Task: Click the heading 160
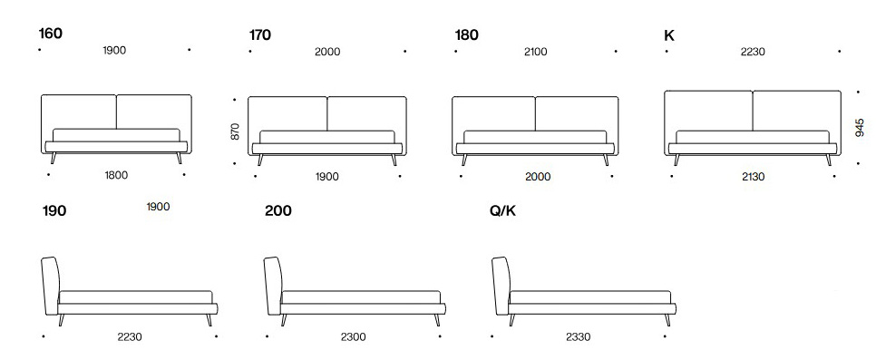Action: click(50, 34)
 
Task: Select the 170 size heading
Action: click(259, 35)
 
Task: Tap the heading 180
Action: click(466, 35)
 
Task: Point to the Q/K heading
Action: click(503, 211)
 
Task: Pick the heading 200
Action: click(278, 211)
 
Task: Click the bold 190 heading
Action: click(54, 211)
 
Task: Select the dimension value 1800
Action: click(115, 176)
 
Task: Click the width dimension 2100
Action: click(535, 52)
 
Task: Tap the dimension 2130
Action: click(753, 176)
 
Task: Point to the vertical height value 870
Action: click(236, 132)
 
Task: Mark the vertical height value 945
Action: click(860, 127)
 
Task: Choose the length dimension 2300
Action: click(354, 336)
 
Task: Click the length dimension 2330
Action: click(578, 336)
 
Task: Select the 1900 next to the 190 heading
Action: click(158, 207)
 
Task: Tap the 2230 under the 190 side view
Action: click(130, 336)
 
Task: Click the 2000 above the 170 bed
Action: click(327, 52)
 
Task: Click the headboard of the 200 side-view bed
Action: click(271, 285)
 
